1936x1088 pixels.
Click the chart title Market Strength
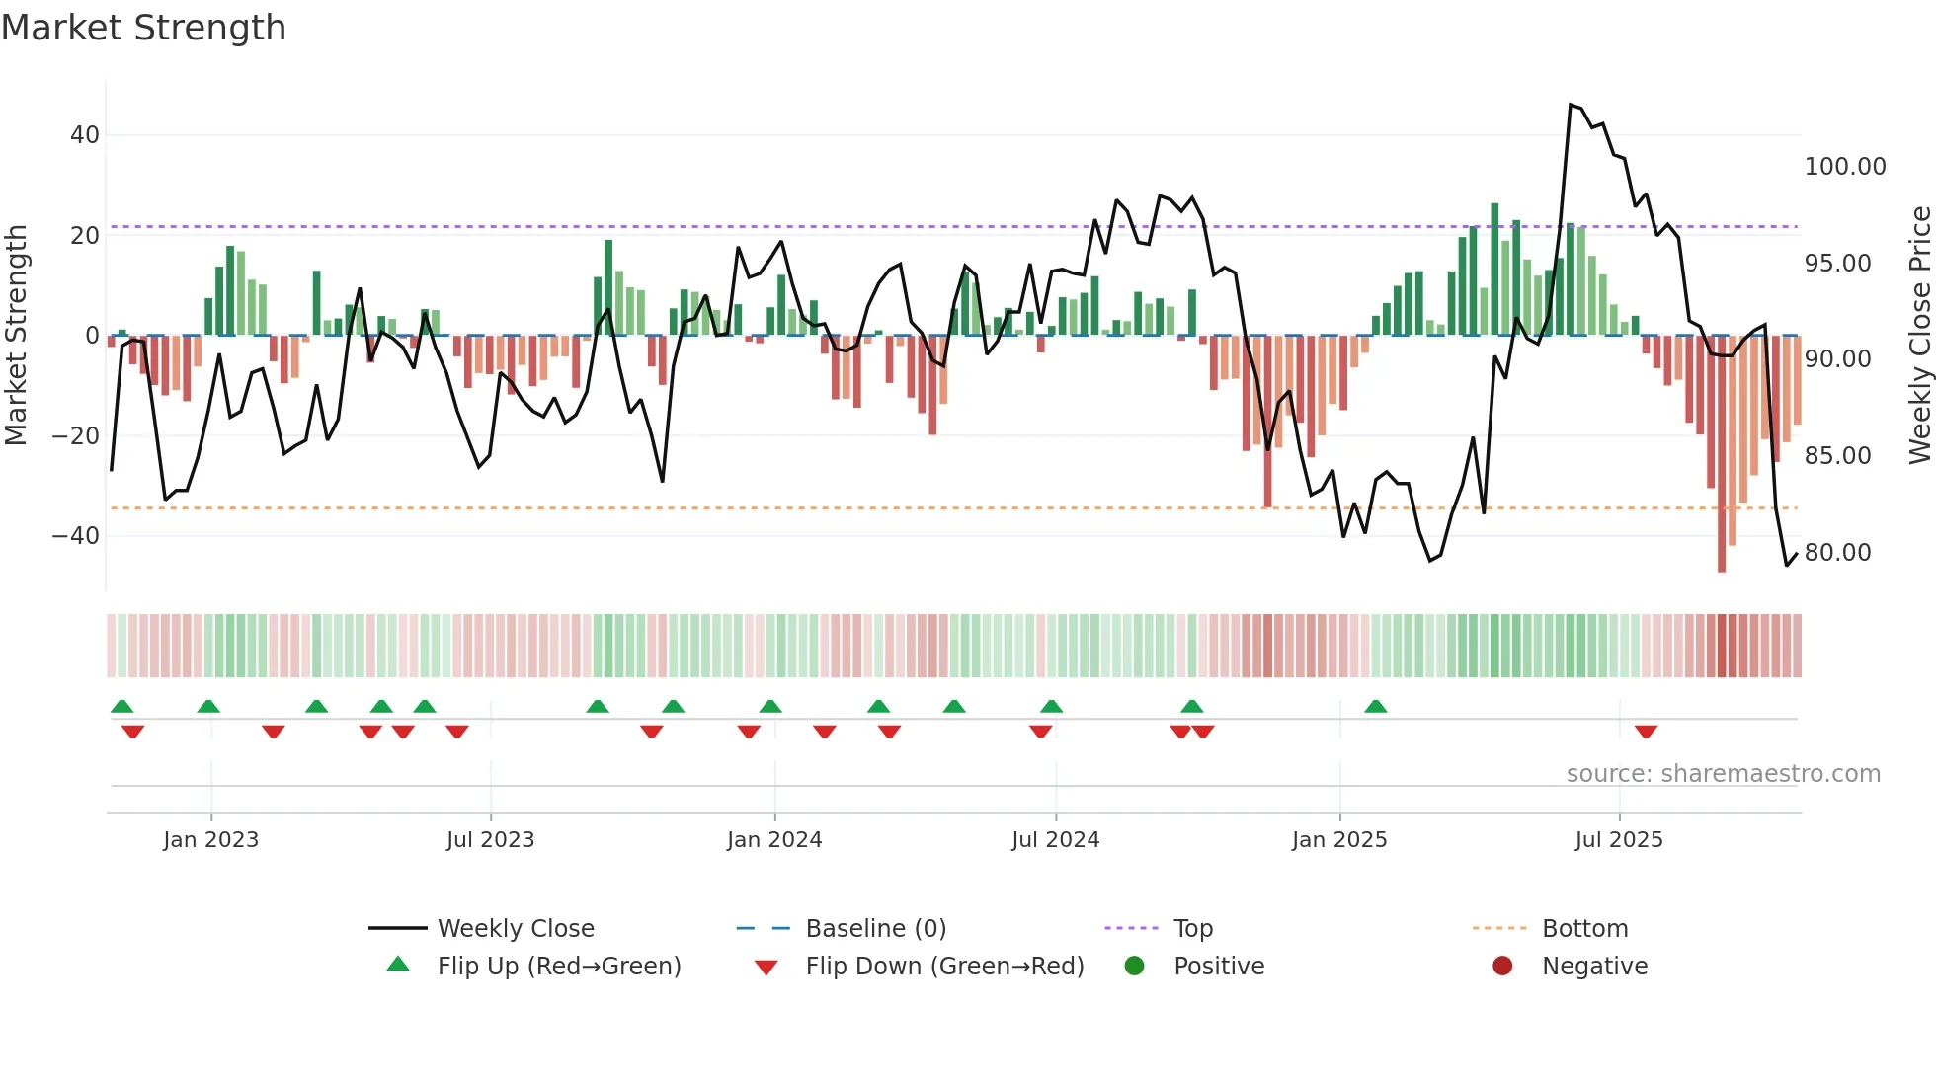[x=143, y=28]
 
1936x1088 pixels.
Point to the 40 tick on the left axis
[x=85, y=135]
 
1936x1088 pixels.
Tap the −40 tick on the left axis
[x=77, y=536]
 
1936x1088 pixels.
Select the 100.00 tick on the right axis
[x=1844, y=167]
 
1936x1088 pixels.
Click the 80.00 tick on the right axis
[x=1837, y=553]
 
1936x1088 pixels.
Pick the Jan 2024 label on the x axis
[x=774, y=840]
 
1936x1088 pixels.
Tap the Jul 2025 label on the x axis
[x=1618, y=840]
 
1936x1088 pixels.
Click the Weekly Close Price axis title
[x=1919, y=336]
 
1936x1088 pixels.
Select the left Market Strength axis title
[x=16, y=336]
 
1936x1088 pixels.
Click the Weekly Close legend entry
[x=515, y=929]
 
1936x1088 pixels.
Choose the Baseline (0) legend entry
[x=875, y=929]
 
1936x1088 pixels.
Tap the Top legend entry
[x=1192, y=929]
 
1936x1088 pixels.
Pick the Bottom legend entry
[x=1584, y=929]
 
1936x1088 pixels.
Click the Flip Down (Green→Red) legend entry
[x=943, y=967]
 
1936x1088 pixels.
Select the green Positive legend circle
[x=1135, y=967]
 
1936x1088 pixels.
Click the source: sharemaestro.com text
[x=1723, y=774]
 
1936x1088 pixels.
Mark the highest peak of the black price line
[x=1571, y=105]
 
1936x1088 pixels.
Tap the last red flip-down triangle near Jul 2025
[x=1646, y=732]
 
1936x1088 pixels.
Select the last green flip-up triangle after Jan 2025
[x=1375, y=706]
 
